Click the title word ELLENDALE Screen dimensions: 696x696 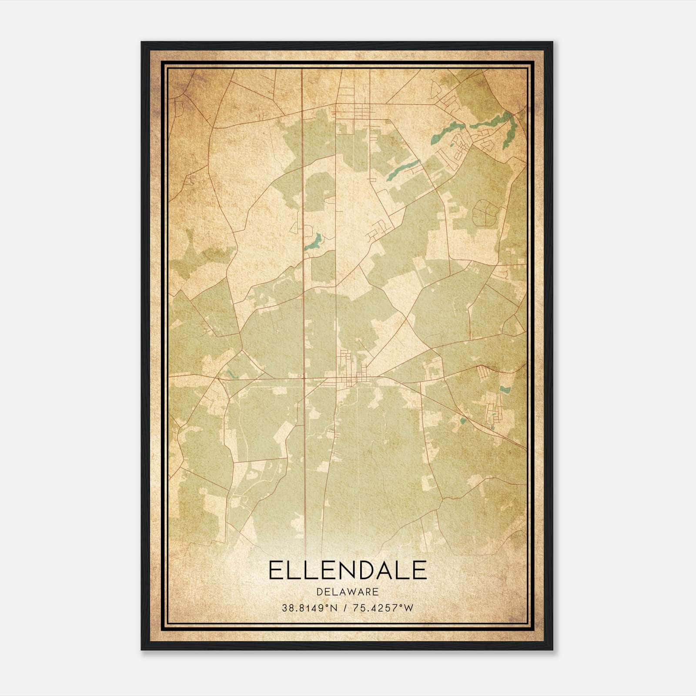[348, 570]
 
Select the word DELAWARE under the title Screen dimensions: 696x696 [348, 592]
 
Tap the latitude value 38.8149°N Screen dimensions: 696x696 [310, 608]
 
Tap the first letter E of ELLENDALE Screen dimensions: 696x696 [275, 570]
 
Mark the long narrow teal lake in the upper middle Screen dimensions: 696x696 [403, 170]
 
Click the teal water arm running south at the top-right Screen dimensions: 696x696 [509, 130]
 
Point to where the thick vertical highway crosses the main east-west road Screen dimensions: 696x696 [304, 378]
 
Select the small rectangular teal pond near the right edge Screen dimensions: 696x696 [505, 389]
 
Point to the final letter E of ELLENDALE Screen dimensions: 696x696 [419, 570]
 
